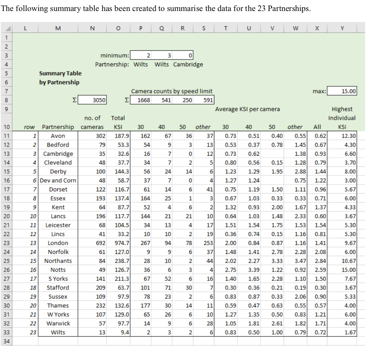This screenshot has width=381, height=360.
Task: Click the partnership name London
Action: [58, 243]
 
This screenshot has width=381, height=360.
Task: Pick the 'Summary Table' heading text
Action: [60, 73]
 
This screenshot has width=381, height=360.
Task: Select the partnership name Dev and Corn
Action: [58, 180]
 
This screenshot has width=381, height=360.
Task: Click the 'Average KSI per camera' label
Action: [247, 109]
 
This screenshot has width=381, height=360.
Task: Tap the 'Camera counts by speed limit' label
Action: [172, 91]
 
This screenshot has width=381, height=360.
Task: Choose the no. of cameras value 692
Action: [98, 243]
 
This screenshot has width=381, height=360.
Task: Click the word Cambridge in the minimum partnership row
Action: [188, 64]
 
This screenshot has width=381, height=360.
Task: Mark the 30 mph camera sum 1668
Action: [144, 100]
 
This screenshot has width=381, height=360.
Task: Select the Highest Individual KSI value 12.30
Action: [348, 136]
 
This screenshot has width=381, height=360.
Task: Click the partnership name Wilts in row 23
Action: [58, 332]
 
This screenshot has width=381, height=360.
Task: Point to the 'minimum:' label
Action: [115, 55]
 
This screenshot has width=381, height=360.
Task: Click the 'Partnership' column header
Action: [58, 127]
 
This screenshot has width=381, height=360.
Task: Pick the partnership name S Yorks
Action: [58, 279]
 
